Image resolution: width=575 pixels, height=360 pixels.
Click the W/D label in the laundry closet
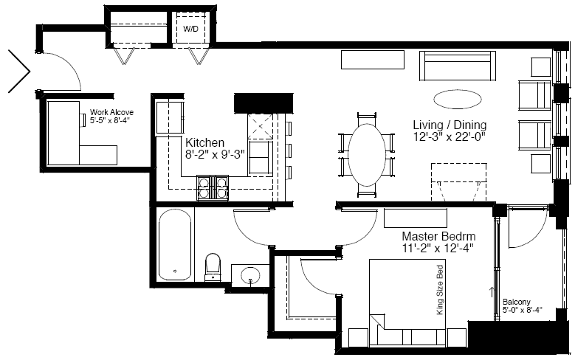click(190, 29)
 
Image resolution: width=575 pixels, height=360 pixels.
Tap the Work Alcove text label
click(112, 112)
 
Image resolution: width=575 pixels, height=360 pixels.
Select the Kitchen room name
click(204, 142)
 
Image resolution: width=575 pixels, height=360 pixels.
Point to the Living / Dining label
click(450, 125)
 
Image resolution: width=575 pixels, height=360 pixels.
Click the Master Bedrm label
click(439, 236)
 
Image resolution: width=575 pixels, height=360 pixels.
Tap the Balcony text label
click(517, 302)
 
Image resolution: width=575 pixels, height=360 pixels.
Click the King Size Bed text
click(440, 290)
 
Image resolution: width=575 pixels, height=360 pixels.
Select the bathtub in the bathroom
click(175, 244)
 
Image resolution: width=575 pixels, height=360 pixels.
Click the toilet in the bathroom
click(213, 267)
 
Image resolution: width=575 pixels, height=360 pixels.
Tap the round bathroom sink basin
click(250, 275)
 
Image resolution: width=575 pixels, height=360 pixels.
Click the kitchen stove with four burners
click(213, 187)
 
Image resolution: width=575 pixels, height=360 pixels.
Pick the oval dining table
click(367, 155)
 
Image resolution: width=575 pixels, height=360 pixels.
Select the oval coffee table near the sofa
click(458, 99)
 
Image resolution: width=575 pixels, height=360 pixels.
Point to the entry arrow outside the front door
click(19, 71)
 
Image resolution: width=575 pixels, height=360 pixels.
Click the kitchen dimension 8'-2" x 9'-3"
click(215, 154)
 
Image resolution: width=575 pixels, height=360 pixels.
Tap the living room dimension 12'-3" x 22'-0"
click(450, 136)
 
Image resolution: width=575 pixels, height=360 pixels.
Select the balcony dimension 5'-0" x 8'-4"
click(522, 309)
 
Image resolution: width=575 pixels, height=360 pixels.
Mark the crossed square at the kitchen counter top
click(261, 126)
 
